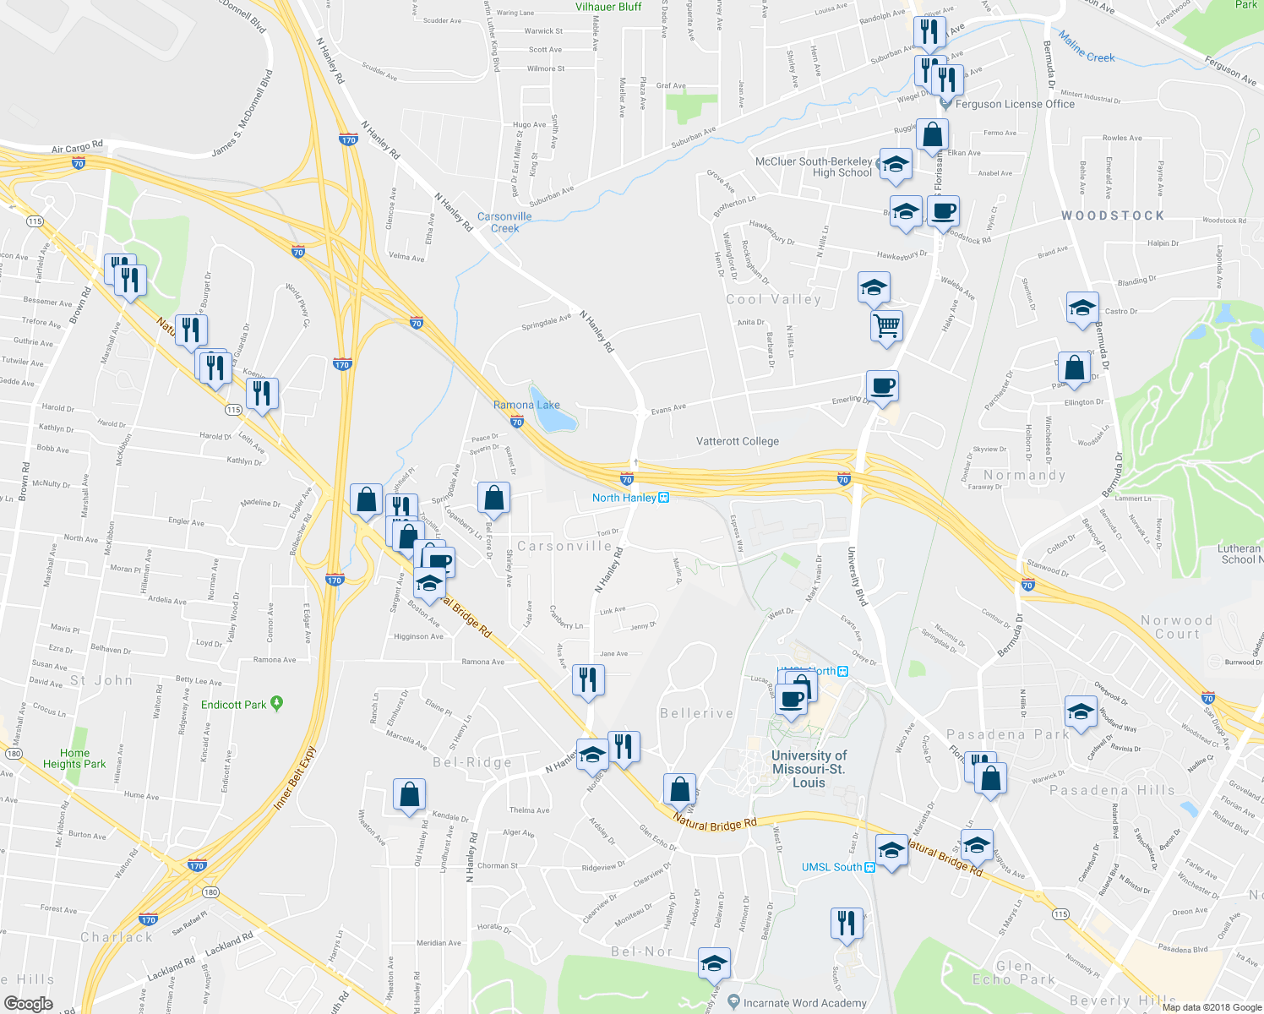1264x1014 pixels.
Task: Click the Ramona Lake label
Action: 526,405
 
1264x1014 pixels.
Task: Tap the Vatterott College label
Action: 737,441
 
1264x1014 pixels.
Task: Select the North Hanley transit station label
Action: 630,498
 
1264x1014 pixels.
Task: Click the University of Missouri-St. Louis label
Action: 809,768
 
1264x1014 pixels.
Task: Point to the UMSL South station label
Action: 837,867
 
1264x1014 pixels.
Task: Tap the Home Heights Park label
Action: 74,758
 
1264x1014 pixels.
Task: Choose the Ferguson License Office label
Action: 1014,104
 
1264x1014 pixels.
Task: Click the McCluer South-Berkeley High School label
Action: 814,166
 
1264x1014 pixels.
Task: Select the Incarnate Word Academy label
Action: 804,1003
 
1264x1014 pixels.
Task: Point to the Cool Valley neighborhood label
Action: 773,299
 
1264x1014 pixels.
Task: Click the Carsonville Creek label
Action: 504,222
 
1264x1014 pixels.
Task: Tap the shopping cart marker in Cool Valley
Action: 886,325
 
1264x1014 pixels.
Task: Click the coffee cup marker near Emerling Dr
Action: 882,386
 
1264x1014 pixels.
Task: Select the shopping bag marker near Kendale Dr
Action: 409,794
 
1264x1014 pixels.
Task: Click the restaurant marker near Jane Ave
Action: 588,679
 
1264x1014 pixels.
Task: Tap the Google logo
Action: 29,1003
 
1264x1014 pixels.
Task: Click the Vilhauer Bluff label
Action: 608,7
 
